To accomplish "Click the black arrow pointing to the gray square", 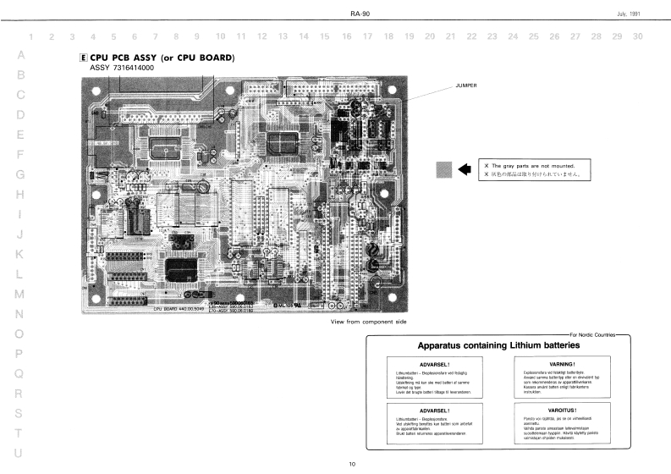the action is click(464, 168).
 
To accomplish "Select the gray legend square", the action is click(444, 168).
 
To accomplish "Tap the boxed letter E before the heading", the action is click(82, 58).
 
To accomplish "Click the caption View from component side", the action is click(369, 322).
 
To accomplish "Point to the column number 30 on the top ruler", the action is click(637, 36).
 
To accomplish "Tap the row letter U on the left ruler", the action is click(18, 454).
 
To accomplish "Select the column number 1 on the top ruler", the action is click(31, 36).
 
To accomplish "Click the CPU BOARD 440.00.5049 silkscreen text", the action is click(178, 309).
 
